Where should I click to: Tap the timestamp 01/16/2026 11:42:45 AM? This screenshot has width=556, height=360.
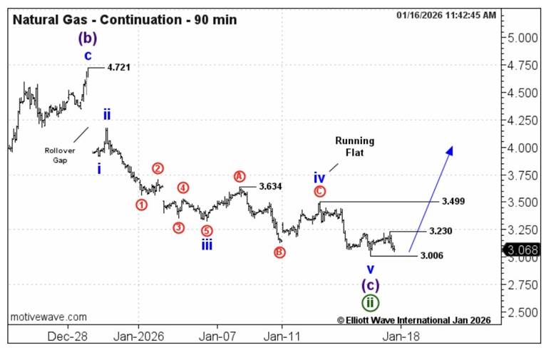point(447,15)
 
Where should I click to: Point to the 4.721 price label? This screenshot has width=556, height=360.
point(119,67)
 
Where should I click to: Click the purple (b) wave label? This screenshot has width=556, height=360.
point(88,38)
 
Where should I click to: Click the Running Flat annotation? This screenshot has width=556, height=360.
point(354,146)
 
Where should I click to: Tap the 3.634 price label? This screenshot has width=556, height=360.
point(270,186)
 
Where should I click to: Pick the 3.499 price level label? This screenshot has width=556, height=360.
point(453,202)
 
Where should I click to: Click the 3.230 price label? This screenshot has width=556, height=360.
point(440,232)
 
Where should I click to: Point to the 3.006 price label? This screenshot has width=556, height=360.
point(432,255)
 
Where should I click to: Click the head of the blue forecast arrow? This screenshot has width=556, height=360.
point(450,149)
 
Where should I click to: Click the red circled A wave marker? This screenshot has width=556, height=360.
point(240,176)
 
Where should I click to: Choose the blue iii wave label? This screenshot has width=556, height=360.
point(206,245)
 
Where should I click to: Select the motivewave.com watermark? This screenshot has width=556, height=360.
point(49,317)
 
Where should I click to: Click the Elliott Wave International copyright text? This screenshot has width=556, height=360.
point(413,321)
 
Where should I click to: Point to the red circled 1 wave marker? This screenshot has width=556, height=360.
point(141,205)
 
